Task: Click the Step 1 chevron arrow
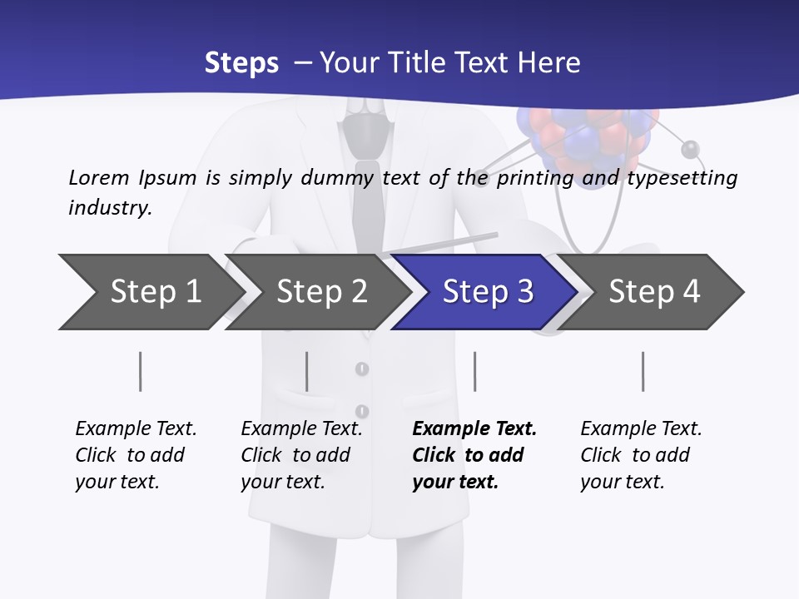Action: click(150, 292)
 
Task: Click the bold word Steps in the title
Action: click(241, 63)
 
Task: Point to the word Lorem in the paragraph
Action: click(98, 177)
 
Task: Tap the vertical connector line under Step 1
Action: click(140, 371)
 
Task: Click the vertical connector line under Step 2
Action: click(306, 371)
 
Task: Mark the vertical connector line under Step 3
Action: click(474, 371)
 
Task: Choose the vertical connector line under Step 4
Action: click(643, 371)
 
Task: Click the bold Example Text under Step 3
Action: click(474, 428)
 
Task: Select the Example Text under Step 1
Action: click(136, 428)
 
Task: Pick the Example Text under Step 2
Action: click(301, 428)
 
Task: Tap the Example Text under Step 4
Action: click(641, 428)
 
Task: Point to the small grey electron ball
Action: click(690, 150)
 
